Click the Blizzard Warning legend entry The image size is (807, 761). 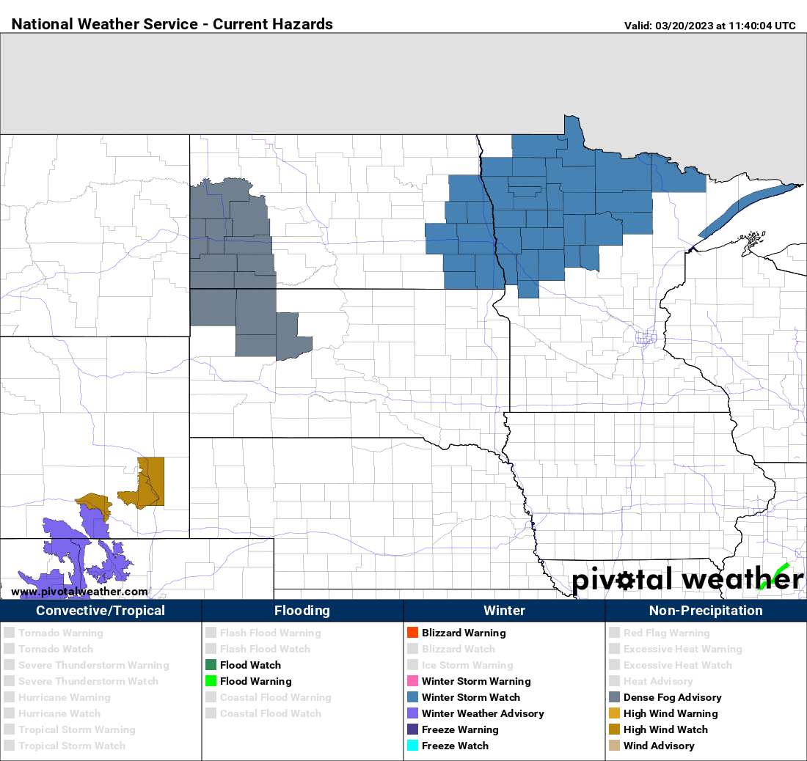[463, 633]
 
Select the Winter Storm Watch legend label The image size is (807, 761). [470, 697]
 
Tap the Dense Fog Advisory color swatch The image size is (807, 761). [614, 697]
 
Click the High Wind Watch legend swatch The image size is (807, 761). [614, 729]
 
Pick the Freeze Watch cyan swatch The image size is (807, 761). [412, 746]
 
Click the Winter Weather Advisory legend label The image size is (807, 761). [483, 713]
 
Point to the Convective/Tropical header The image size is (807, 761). [101, 611]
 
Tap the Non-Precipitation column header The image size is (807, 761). [706, 611]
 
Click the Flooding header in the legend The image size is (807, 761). [302, 611]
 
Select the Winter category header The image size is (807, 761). [504, 611]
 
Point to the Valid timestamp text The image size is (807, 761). [709, 26]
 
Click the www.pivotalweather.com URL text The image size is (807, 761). [79, 592]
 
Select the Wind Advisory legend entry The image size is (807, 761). [658, 746]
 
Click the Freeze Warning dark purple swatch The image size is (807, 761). [412, 729]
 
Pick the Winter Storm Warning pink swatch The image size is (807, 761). [412, 681]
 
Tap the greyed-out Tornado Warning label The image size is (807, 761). [60, 633]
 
